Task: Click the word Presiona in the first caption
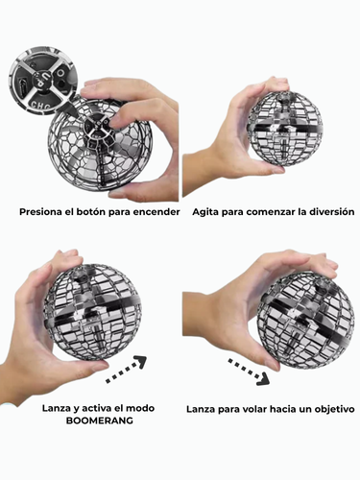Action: pyautogui.click(x=39, y=212)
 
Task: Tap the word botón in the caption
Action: pyautogui.click(x=98, y=212)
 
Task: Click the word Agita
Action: pyautogui.click(x=208, y=211)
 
